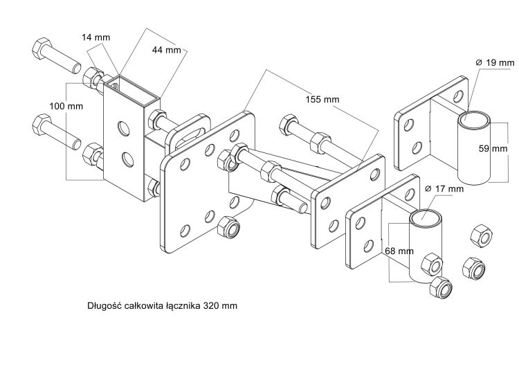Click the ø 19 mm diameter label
point(497,63)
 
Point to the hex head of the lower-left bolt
point(41,128)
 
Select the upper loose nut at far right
point(480,237)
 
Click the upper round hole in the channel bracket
point(123,127)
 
